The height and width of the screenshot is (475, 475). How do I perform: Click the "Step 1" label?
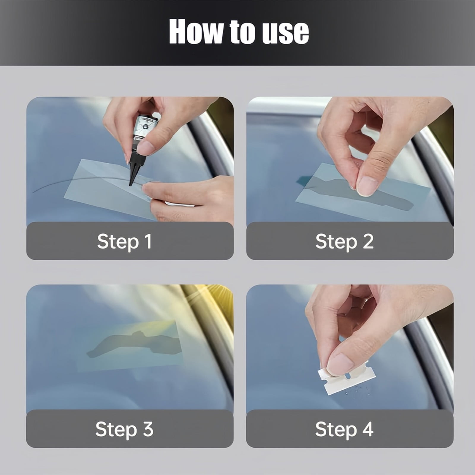124,241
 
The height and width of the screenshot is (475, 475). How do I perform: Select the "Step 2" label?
344,241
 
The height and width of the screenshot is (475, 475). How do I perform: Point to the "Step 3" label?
124,429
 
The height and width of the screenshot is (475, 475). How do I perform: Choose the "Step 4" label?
344,429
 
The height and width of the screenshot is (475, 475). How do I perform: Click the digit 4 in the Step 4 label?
367,429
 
